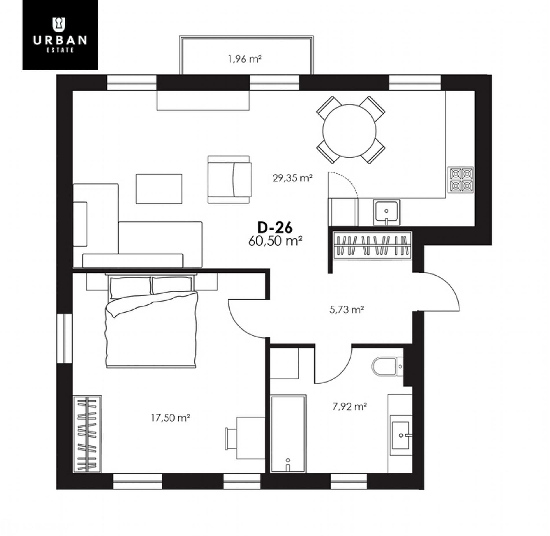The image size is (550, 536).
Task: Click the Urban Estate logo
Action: click(60, 35)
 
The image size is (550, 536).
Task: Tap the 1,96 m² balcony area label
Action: click(245, 59)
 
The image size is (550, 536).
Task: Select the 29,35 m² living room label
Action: click(292, 178)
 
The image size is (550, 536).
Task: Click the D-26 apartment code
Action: click(275, 227)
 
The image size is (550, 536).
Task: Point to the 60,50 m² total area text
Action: click(275, 241)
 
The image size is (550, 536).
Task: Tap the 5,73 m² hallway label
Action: click(346, 310)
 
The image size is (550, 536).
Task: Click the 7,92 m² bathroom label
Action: click(350, 407)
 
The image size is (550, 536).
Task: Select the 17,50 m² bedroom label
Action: click(170, 418)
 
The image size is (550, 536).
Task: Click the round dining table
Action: click(349, 131)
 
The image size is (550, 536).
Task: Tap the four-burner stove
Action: click(461, 180)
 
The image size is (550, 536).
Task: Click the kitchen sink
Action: click(386, 212)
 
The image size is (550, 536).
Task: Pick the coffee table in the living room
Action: click(159, 189)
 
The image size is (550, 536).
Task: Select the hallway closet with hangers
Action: click(373, 245)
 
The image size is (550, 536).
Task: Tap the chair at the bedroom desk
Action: click(231, 438)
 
